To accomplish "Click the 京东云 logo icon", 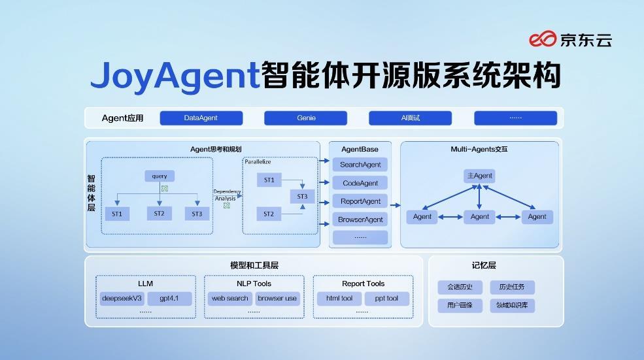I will click(543, 39).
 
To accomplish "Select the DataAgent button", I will click(201, 118).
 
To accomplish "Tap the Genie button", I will click(306, 118).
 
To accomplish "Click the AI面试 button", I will click(410, 118).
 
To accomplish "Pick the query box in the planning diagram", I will click(160, 176).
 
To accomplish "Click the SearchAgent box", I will click(360, 165).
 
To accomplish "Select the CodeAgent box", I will click(360, 183).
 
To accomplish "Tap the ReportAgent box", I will click(360, 201).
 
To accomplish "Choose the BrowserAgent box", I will click(360, 220).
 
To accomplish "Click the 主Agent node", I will click(480, 176).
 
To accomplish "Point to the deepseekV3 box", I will click(122, 299).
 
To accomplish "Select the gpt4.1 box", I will click(169, 299).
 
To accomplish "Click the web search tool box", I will click(229, 299).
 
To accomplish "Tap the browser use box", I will click(277, 299).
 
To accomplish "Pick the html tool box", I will click(339, 299).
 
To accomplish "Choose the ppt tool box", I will click(386, 299).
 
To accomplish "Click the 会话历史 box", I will click(460, 287).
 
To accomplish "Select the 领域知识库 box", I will click(513, 305).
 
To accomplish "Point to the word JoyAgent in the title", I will click(175, 76).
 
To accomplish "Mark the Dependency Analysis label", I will click(226, 195).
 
